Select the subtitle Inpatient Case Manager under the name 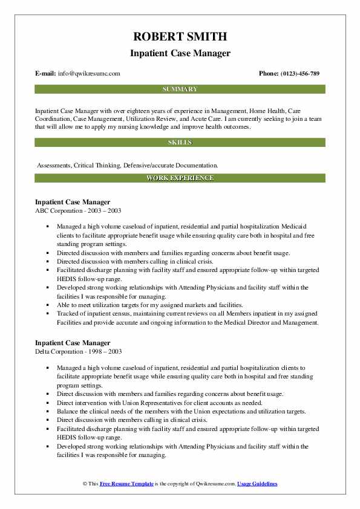coord(180,53)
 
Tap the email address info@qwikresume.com coord(88,74)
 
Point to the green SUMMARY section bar coord(180,89)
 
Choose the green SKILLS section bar coord(180,143)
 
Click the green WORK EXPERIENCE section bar coord(180,178)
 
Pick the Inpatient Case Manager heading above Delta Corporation coord(73,343)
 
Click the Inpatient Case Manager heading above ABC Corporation coord(73,202)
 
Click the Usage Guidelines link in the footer coord(257,484)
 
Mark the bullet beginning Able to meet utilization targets coord(150,305)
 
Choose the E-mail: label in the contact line coord(46,74)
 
